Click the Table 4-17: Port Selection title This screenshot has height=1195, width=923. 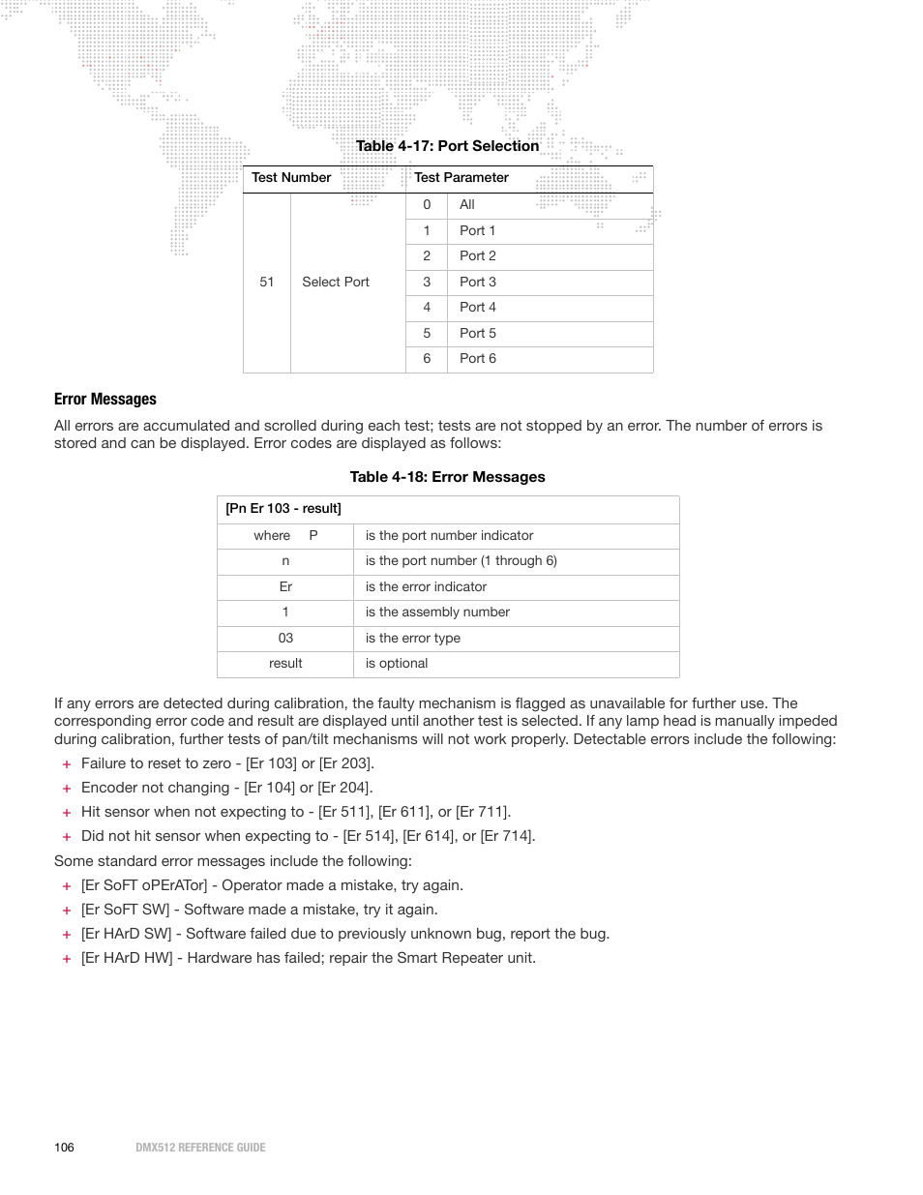click(x=447, y=146)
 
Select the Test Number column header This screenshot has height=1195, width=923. click(x=291, y=178)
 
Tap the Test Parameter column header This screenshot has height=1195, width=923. click(x=461, y=178)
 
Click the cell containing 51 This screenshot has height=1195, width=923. click(x=267, y=283)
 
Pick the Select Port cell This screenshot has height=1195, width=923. click(x=336, y=283)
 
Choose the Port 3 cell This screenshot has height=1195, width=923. click(x=478, y=283)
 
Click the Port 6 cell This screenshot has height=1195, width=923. click(x=478, y=359)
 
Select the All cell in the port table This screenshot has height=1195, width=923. click(x=467, y=205)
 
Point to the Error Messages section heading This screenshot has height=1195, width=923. click(x=105, y=400)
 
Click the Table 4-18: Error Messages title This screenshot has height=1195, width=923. click(x=447, y=477)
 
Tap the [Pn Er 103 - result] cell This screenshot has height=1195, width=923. click(x=283, y=509)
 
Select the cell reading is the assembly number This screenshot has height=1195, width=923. click(x=437, y=612)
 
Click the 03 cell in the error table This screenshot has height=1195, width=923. click(x=285, y=639)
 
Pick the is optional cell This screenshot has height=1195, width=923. click(x=397, y=664)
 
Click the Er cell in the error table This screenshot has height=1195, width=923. click(x=285, y=587)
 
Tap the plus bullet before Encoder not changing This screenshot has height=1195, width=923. click(x=67, y=789)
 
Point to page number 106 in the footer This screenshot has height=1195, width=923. click(x=64, y=1148)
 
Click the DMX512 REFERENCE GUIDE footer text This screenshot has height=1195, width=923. click(x=200, y=1148)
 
